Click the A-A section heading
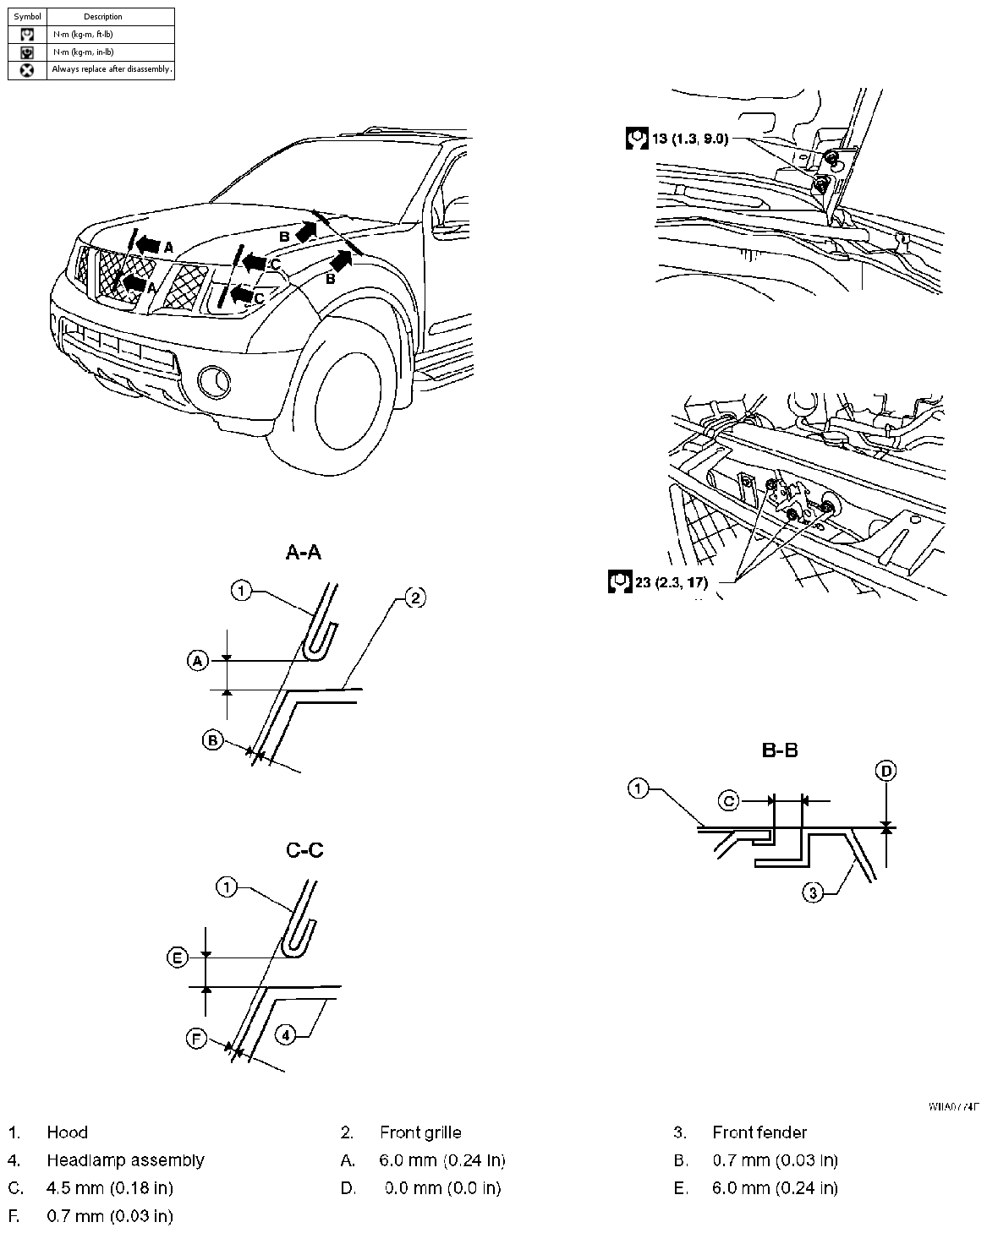pos(304,553)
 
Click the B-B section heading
pos(780,750)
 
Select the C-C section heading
pos(304,850)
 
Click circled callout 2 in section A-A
pos(414,598)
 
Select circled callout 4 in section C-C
pos(287,1034)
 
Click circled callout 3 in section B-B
pos(812,892)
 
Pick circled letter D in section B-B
pos(886,771)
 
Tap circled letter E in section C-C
pos(177,957)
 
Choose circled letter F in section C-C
pos(196,1039)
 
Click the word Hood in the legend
pos(67,1132)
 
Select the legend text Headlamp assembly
pos(125,1160)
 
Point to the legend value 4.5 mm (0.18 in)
pos(109,1188)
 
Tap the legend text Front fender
pos(759,1132)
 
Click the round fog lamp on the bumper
pos(215,382)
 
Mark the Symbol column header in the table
pos(27,17)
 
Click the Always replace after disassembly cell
pos(111,70)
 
